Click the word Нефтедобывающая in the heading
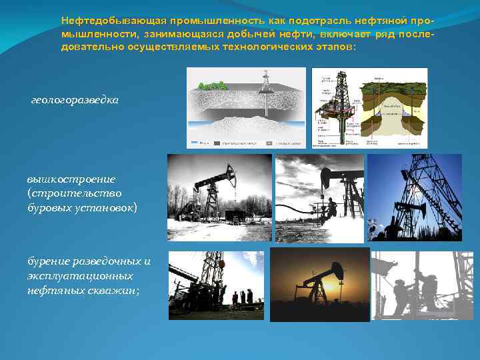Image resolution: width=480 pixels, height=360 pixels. pos(99,21)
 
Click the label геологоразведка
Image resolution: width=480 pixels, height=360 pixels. pos(75,99)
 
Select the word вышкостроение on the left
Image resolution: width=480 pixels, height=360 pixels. pos(71,179)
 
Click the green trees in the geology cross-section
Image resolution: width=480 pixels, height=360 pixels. pos(215,86)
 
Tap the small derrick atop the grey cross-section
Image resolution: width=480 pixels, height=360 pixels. pos(267,80)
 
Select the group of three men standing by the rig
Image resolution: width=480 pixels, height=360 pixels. pos(241,295)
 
